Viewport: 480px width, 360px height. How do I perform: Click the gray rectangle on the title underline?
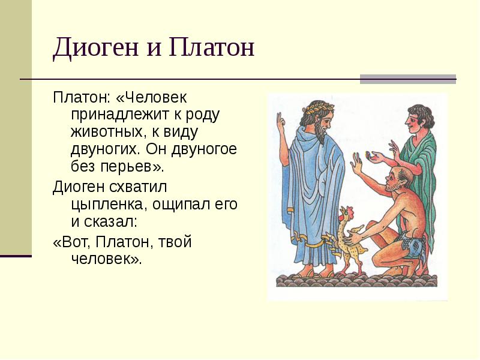coord(407,79)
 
